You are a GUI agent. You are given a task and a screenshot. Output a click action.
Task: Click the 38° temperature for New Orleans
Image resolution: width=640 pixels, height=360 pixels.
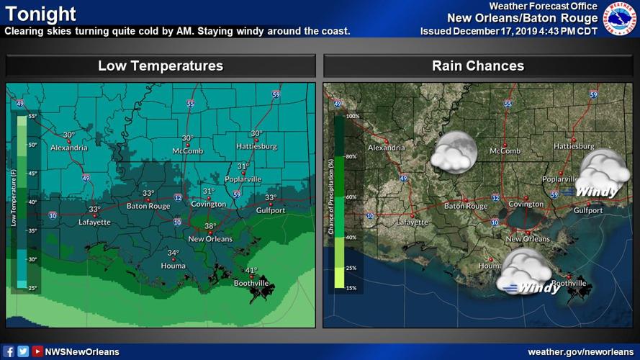click(x=210, y=226)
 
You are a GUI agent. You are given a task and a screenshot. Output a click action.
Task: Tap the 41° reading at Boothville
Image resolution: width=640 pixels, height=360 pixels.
click(x=251, y=271)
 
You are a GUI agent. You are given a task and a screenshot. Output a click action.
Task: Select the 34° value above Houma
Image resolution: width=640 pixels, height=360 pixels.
click(x=173, y=253)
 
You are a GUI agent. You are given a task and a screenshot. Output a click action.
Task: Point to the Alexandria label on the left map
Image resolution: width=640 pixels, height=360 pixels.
click(x=69, y=148)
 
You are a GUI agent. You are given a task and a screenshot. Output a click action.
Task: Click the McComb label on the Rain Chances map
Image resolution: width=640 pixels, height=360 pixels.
click(x=505, y=150)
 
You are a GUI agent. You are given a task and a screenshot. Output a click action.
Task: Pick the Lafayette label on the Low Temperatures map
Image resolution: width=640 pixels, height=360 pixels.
click(x=95, y=222)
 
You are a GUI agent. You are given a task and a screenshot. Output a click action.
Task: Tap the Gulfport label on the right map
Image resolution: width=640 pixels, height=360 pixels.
click(x=588, y=210)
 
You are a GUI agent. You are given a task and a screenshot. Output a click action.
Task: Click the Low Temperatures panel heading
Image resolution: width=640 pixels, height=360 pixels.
click(x=161, y=66)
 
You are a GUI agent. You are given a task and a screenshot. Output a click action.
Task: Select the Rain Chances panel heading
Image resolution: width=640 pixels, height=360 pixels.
click(x=478, y=66)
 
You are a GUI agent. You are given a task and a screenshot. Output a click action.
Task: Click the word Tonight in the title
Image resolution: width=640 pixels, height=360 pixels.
click(x=41, y=14)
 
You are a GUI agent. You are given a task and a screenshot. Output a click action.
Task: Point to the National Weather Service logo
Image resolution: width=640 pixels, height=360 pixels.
click(x=619, y=19)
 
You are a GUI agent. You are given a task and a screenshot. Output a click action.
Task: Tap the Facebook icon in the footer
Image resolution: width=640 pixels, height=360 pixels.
click(x=9, y=351)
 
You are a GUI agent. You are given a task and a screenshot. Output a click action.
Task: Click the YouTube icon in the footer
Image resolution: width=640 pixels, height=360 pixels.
click(x=37, y=351)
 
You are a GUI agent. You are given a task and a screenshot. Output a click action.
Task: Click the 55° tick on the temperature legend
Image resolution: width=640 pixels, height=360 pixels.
click(x=32, y=115)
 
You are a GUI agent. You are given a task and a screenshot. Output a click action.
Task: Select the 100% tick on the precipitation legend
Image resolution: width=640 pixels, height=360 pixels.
click(x=352, y=115)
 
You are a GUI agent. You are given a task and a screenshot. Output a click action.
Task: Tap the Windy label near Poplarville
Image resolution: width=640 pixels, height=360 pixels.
click(x=597, y=192)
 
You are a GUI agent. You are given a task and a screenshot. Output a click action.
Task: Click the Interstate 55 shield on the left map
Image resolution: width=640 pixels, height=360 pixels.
click(x=190, y=104)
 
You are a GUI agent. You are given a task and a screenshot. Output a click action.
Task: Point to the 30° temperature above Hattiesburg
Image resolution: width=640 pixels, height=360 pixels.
click(x=256, y=134)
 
